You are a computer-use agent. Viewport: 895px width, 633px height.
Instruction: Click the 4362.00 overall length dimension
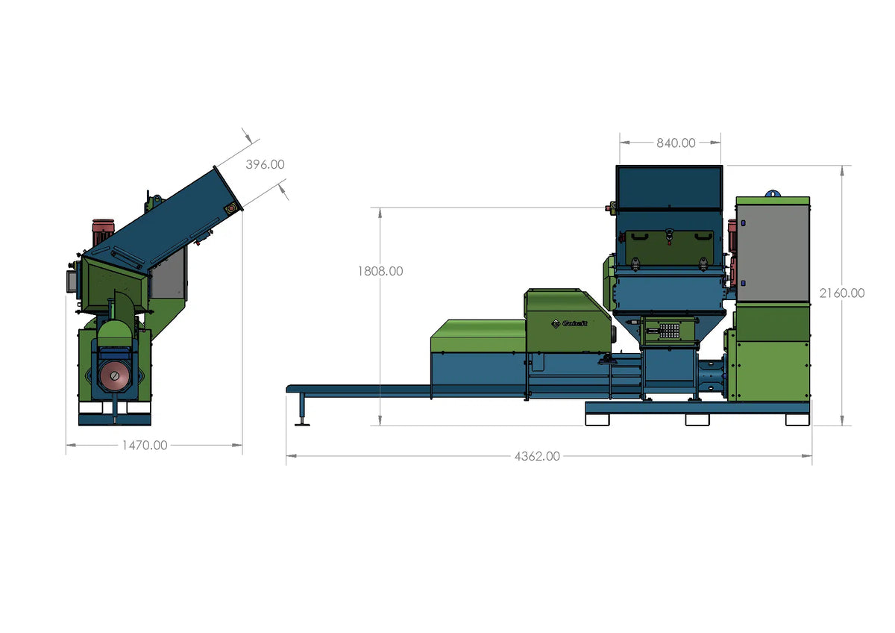537,456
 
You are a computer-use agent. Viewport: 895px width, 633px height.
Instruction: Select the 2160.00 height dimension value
842,293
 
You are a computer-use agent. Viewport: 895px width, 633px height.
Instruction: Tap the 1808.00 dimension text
380,271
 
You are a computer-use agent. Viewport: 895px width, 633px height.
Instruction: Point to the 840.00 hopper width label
676,143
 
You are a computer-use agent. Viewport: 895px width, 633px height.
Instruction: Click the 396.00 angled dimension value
265,164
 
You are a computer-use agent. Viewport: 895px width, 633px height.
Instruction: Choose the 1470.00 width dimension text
145,446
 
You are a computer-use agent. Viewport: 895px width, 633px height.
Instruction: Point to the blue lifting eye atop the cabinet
772,193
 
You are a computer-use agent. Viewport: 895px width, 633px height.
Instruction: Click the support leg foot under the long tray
303,423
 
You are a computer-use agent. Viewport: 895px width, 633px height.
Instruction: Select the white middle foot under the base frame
697,420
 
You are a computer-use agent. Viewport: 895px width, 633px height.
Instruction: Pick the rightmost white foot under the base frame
797,420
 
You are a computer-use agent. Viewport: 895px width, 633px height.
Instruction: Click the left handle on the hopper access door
638,237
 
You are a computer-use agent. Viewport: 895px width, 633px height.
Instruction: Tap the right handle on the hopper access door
702,237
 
